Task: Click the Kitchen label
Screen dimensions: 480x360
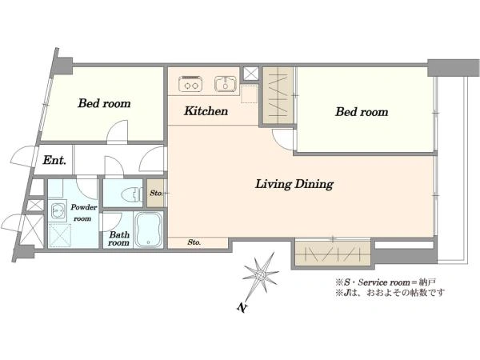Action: pyautogui.click(x=206, y=111)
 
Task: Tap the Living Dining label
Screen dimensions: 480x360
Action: pyautogui.click(x=294, y=184)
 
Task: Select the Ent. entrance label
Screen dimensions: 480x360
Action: pyautogui.click(x=54, y=160)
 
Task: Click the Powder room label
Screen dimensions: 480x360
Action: pyautogui.click(x=83, y=213)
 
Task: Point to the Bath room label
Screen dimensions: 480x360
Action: pyautogui.click(x=118, y=238)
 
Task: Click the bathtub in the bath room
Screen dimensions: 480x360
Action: pyautogui.click(x=149, y=230)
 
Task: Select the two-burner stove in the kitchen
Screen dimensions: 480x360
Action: pyautogui.click(x=190, y=83)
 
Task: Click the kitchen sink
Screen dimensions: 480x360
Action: pyautogui.click(x=226, y=84)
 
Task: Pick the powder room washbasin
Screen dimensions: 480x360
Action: pyautogui.click(x=58, y=210)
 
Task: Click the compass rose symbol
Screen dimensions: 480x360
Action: pyautogui.click(x=261, y=274)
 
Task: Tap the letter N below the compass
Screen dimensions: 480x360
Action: pyautogui.click(x=242, y=307)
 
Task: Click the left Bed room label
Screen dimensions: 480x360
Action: pyautogui.click(x=104, y=103)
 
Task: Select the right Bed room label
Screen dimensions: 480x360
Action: pyautogui.click(x=362, y=112)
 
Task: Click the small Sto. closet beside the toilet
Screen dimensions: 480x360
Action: pyautogui.click(x=156, y=193)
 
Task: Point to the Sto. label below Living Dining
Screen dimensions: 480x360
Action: pyautogui.click(x=194, y=242)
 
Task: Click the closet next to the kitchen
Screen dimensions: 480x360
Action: pyautogui.click(x=278, y=96)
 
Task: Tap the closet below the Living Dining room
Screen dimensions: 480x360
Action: pyautogui.click(x=333, y=254)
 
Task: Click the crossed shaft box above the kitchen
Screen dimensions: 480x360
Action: pyautogui.click(x=250, y=74)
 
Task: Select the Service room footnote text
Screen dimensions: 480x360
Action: pyautogui.click(x=386, y=282)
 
